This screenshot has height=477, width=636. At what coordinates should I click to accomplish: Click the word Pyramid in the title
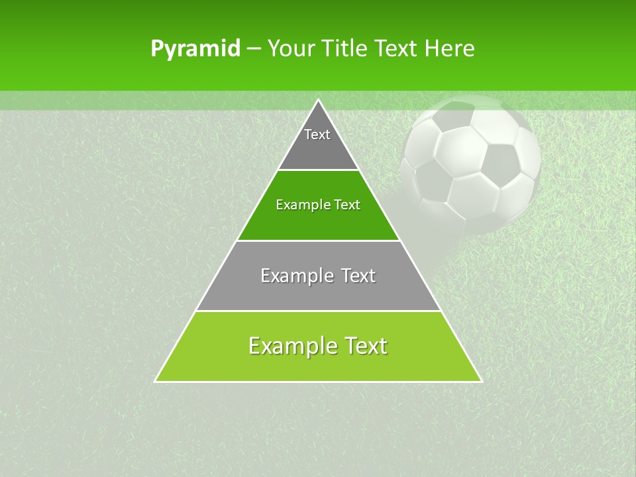pos(195,49)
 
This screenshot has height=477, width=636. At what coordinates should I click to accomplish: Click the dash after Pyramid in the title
pos(254,49)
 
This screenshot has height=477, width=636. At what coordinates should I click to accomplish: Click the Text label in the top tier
pos(317,134)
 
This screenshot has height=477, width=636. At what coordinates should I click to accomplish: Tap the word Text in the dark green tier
pos(346,205)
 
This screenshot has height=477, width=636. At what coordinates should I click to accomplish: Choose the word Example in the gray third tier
pos(294,276)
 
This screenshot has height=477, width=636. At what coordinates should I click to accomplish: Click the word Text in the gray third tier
pos(358,276)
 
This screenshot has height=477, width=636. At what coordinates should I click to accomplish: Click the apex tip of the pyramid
pos(318,100)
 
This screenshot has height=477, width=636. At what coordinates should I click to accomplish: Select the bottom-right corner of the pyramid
pos(481,381)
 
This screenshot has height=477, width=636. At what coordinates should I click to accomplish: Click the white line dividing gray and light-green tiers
pos(318,311)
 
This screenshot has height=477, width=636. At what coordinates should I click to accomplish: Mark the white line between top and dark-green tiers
pos(318,170)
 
